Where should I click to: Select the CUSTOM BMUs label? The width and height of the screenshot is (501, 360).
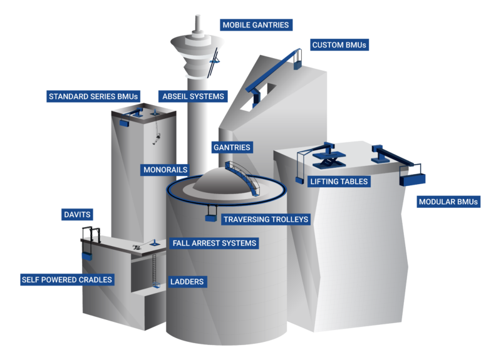point(339,45)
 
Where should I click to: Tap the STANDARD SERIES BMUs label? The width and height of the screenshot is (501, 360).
point(93,96)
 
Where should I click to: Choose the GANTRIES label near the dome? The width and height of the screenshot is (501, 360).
point(231,148)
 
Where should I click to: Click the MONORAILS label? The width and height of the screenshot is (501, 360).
point(164,170)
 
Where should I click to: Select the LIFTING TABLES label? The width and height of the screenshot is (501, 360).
point(339,182)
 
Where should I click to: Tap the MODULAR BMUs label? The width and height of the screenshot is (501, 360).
point(448,202)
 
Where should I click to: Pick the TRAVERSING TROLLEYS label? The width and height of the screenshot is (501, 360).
point(266,219)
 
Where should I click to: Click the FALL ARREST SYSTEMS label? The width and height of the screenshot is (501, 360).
point(214,243)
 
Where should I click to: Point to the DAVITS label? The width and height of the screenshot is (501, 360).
point(77,215)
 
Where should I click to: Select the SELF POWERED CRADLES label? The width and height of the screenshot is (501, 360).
point(66,279)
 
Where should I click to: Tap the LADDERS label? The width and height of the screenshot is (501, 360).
point(187,282)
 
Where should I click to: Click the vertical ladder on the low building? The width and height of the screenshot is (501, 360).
point(153,266)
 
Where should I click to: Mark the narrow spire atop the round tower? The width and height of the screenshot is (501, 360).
point(198,24)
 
